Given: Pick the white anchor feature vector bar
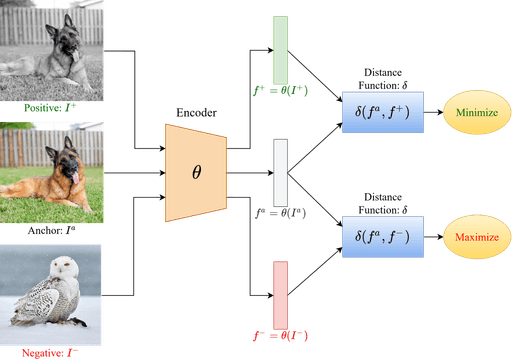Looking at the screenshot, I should pos(280,171).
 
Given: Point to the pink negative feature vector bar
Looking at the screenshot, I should pos(280,291).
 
